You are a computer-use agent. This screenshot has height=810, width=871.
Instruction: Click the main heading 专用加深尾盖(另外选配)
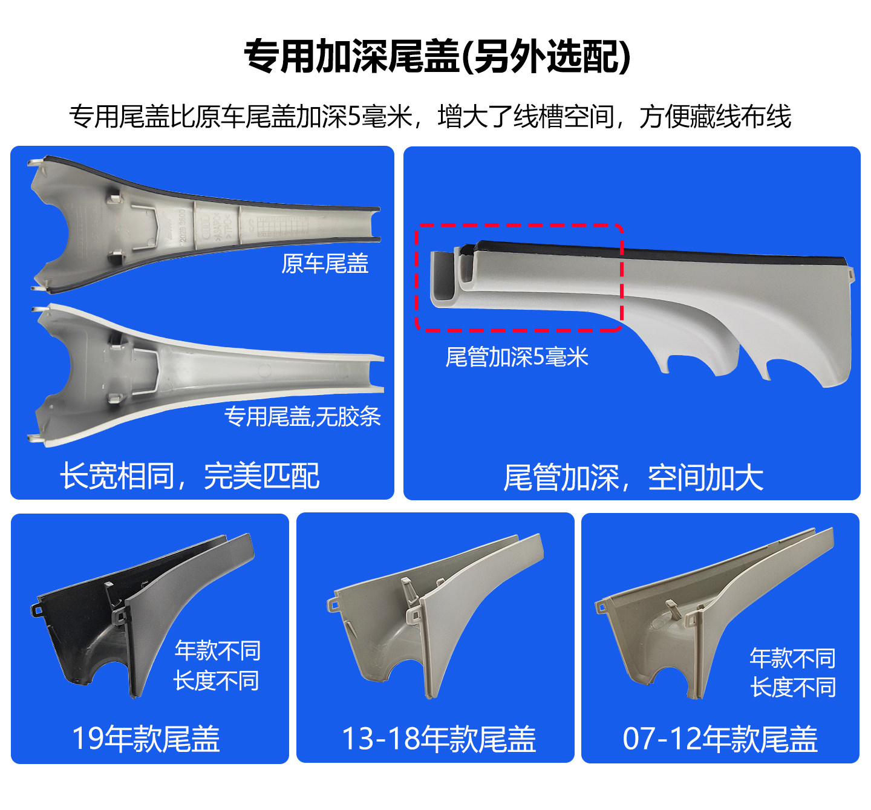[x=437, y=57]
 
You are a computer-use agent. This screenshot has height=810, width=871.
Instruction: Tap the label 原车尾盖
[x=325, y=263]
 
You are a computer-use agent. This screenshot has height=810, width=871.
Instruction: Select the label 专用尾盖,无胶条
[x=302, y=416]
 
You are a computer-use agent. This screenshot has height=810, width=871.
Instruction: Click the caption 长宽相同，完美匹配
[x=189, y=475]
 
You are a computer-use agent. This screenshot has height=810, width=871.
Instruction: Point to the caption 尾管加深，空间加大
[x=633, y=477]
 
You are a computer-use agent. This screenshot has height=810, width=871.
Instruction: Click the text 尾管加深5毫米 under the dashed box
[x=517, y=357]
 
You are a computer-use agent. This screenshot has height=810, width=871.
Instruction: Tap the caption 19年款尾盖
[x=146, y=739]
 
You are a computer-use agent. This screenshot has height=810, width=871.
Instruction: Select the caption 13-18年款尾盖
[x=439, y=739]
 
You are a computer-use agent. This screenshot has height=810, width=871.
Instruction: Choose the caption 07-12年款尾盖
[x=720, y=739]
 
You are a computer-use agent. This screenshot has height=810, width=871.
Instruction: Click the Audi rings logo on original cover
[x=205, y=227]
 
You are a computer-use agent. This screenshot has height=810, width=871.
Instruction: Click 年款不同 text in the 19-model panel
[x=218, y=650]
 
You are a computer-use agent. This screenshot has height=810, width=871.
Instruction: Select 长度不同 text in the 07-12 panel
[x=793, y=687]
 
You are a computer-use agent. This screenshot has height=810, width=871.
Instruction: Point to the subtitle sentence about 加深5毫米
[x=429, y=116]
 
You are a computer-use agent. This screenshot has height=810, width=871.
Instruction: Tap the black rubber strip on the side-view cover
[x=665, y=254]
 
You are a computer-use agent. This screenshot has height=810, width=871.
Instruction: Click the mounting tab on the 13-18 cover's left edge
[x=332, y=604]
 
